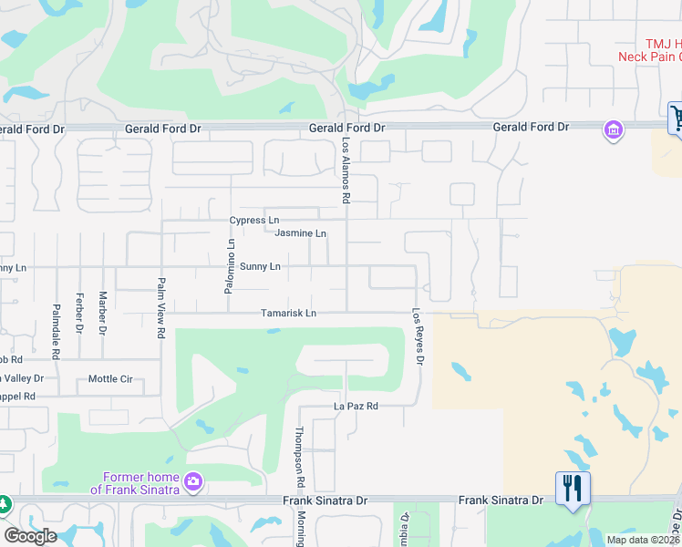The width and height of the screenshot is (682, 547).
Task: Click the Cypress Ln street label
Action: coord(254,221)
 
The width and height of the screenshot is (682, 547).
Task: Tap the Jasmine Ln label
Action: coord(300,234)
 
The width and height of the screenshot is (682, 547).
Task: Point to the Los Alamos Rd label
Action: coord(346,170)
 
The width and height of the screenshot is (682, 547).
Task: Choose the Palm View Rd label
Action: coord(161,308)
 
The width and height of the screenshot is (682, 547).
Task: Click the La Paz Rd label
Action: coord(356,407)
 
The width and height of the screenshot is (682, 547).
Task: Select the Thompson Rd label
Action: coord(299,457)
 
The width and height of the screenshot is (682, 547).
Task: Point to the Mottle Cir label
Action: coord(110,379)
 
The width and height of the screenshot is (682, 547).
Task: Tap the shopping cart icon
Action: coord(677,118)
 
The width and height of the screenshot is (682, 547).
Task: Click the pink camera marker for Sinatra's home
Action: coord(192,481)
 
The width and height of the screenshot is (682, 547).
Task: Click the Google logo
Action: coord(30,536)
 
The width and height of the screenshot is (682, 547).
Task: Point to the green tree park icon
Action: coord(3,503)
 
